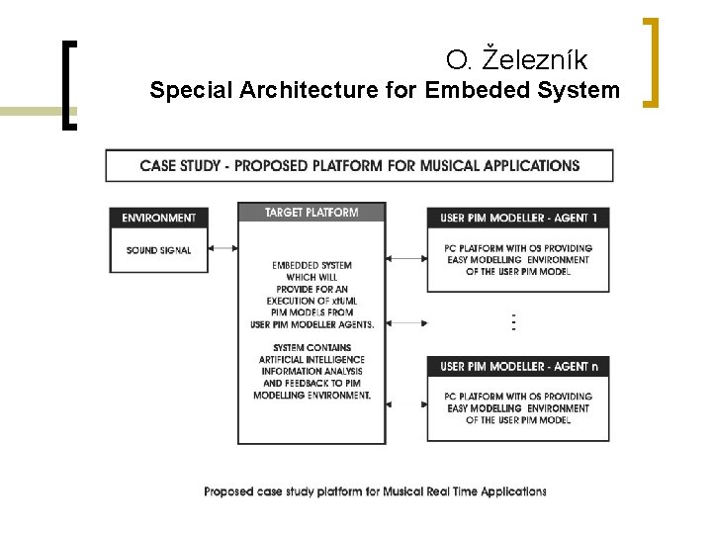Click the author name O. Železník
pyautogui.click(x=516, y=60)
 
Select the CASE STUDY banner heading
pyautogui.click(x=360, y=165)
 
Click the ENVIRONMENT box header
pyautogui.click(x=158, y=218)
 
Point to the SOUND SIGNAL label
pyautogui.click(x=158, y=250)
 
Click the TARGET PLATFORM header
pyautogui.click(x=311, y=213)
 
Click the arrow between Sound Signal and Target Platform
pyautogui.click(x=222, y=249)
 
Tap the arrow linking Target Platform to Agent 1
pyautogui.click(x=405, y=259)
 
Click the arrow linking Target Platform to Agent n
pyautogui.click(x=405, y=403)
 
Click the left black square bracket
pyautogui.click(x=68, y=85)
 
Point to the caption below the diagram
pyautogui.click(x=375, y=491)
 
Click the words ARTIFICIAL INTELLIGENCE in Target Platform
pyautogui.click(x=311, y=360)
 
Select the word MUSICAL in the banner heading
pyautogui.click(x=451, y=165)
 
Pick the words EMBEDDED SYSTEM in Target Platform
pyautogui.click(x=311, y=265)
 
